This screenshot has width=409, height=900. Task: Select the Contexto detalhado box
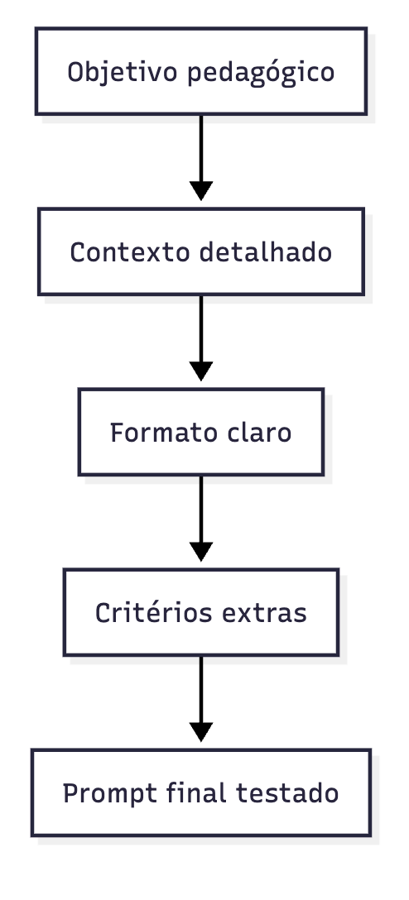coord(200,251)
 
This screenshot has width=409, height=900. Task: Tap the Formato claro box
coord(200,432)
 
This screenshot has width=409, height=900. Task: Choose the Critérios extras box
coord(200,612)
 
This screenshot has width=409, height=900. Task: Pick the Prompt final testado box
coord(200,792)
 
